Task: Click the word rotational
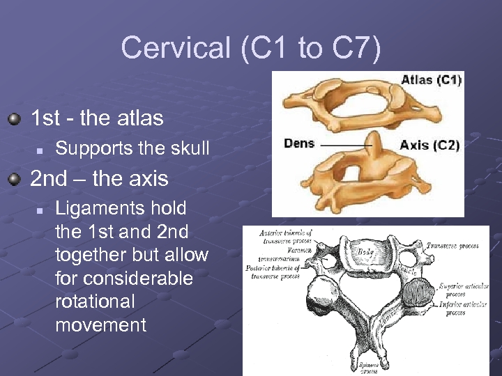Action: [x=95, y=301]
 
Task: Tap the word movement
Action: [x=100, y=324]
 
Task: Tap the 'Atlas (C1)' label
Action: [x=430, y=80]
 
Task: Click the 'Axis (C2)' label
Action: [x=429, y=146]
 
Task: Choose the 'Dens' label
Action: [x=299, y=144]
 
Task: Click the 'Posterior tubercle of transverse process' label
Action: [x=274, y=272]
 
